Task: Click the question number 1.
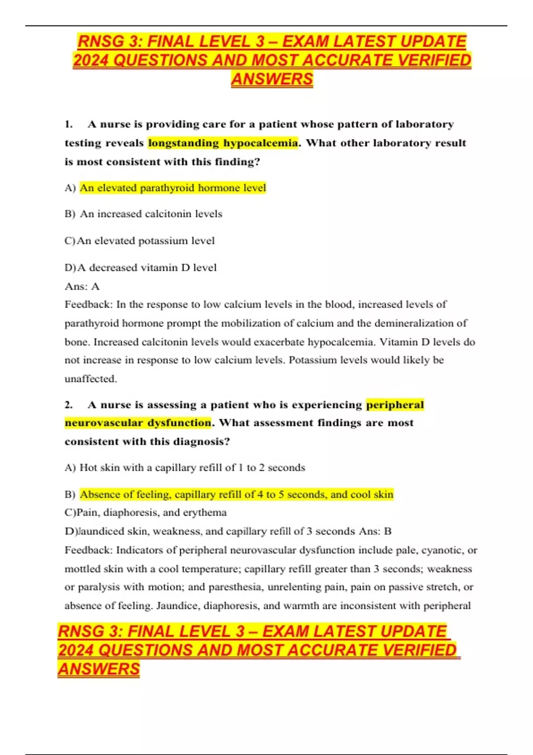(68, 124)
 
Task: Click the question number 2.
(68, 405)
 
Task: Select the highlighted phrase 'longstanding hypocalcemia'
(223, 143)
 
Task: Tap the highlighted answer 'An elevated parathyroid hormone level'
(173, 188)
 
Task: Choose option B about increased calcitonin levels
(151, 214)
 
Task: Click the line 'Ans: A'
(82, 286)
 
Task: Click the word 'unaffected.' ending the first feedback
(91, 379)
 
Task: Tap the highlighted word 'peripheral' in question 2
(395, 405)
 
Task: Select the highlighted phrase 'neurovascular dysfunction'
(138, 423)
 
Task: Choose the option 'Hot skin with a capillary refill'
(192, 468)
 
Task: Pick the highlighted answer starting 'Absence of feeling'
(236, 495)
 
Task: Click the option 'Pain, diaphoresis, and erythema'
(151, 513)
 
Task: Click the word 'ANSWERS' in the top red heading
(272, 79)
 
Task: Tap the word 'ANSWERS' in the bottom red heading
(99, 669)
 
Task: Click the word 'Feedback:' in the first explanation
(88, 305)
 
